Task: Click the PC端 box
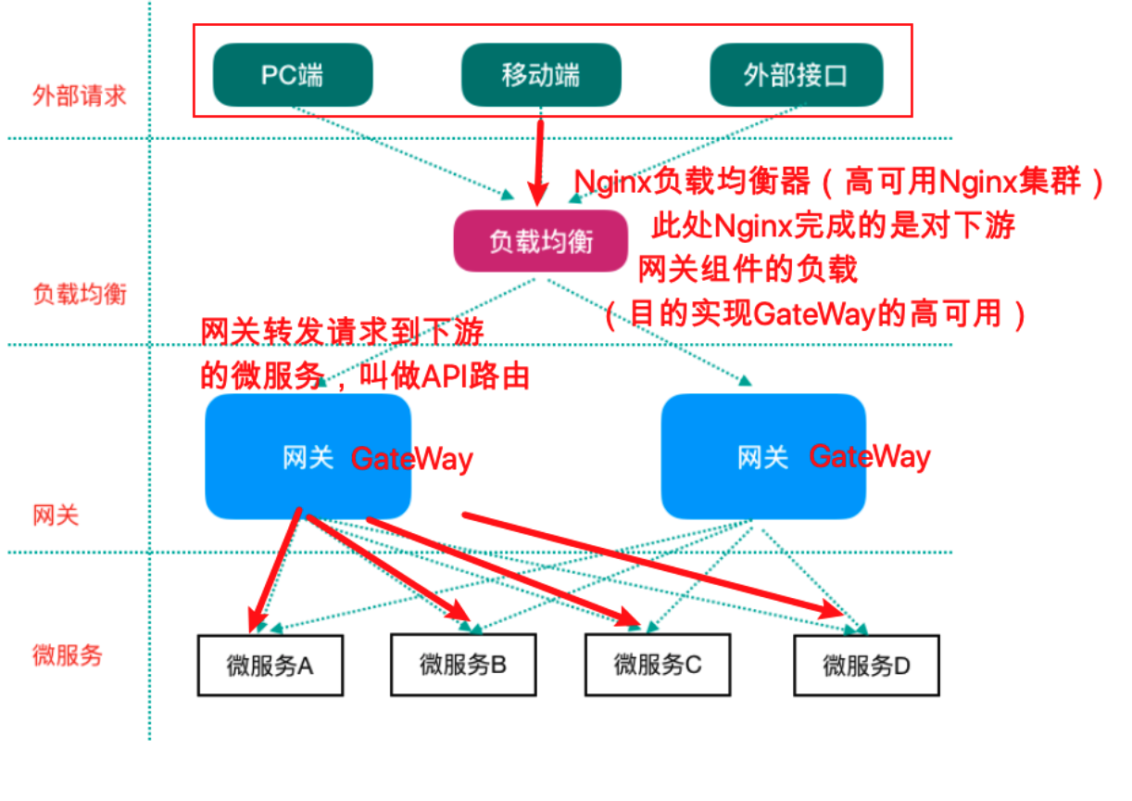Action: (293, 75)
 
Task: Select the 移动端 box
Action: (541, 75)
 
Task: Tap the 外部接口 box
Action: (796, 75)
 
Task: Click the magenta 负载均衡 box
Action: (541, 241)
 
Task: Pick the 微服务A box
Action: (270, 665)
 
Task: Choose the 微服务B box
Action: (463, 665)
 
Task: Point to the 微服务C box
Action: (658, 665)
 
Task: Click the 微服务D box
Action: (866, 665)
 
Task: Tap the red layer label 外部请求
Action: (80, 95)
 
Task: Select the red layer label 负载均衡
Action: (80, 295)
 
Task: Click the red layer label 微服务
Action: (68, 655)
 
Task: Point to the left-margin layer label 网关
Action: (56, 515)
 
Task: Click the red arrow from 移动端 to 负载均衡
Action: (536, 158)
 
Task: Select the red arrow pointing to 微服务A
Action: (275, 566)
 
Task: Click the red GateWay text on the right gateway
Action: (869, 456)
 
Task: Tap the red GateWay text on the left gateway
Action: (411, 458)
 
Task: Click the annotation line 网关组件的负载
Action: (748, 270)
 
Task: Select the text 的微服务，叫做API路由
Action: (365, 376)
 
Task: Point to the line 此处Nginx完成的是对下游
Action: (834, 226)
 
